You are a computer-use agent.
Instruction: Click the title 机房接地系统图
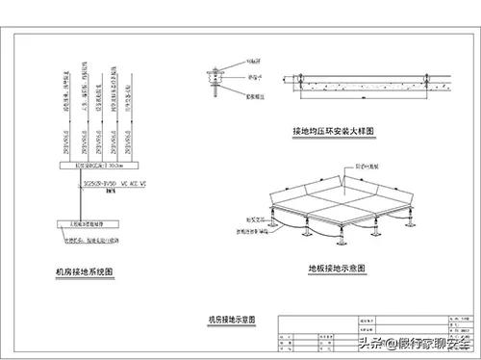pos(84,272)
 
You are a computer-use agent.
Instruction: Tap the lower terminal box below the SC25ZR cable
pos(88,229)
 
